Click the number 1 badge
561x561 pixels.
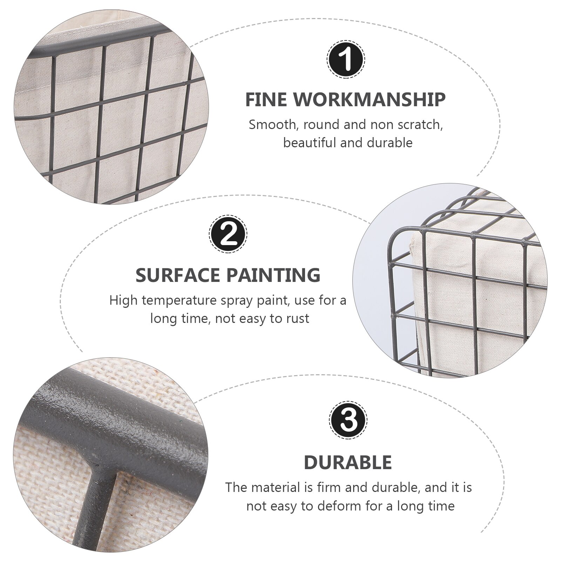pyautogui.click(x=346, y=59)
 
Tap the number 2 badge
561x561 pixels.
pyautogui.click(x=228, y=234)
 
